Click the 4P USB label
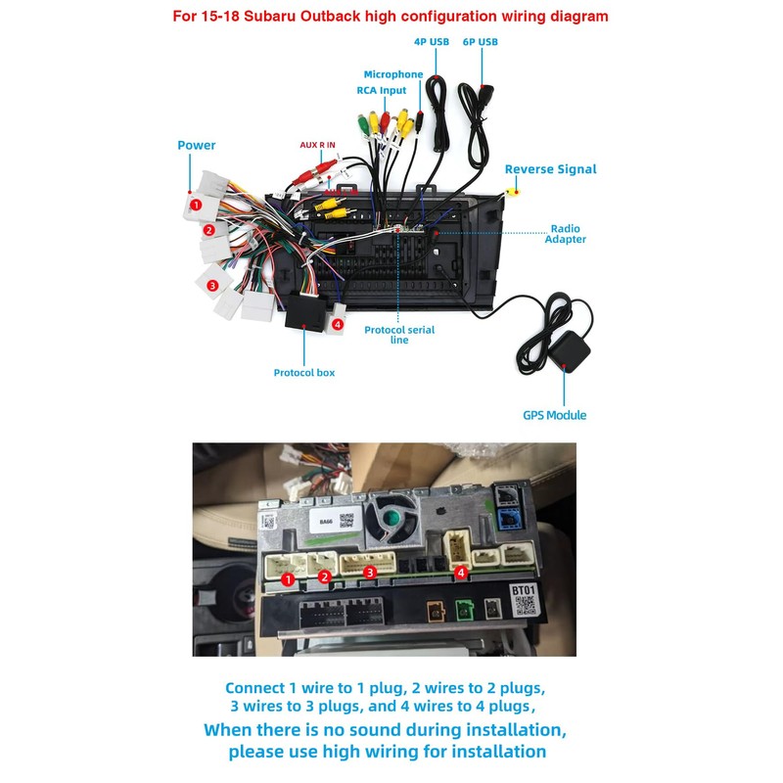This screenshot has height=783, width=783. coord(432,42)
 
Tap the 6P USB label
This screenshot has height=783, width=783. coord(480,42)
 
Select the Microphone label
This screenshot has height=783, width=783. coord(393,74)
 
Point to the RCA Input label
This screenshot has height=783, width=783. coord(381,91)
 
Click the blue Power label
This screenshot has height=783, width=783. coord(196,146)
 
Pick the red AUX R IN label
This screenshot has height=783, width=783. coord(317,145)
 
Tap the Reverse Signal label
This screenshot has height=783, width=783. coord(550,169)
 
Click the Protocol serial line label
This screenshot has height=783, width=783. coord(399,335)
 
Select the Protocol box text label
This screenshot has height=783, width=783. coord(304,373)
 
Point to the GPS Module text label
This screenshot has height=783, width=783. coord(554,415)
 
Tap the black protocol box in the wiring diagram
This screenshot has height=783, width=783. coord(305,313)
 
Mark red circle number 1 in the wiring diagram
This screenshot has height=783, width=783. coord(196,206)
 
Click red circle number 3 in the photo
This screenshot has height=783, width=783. coord(370,572)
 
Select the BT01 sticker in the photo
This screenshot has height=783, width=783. coord(525,592)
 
